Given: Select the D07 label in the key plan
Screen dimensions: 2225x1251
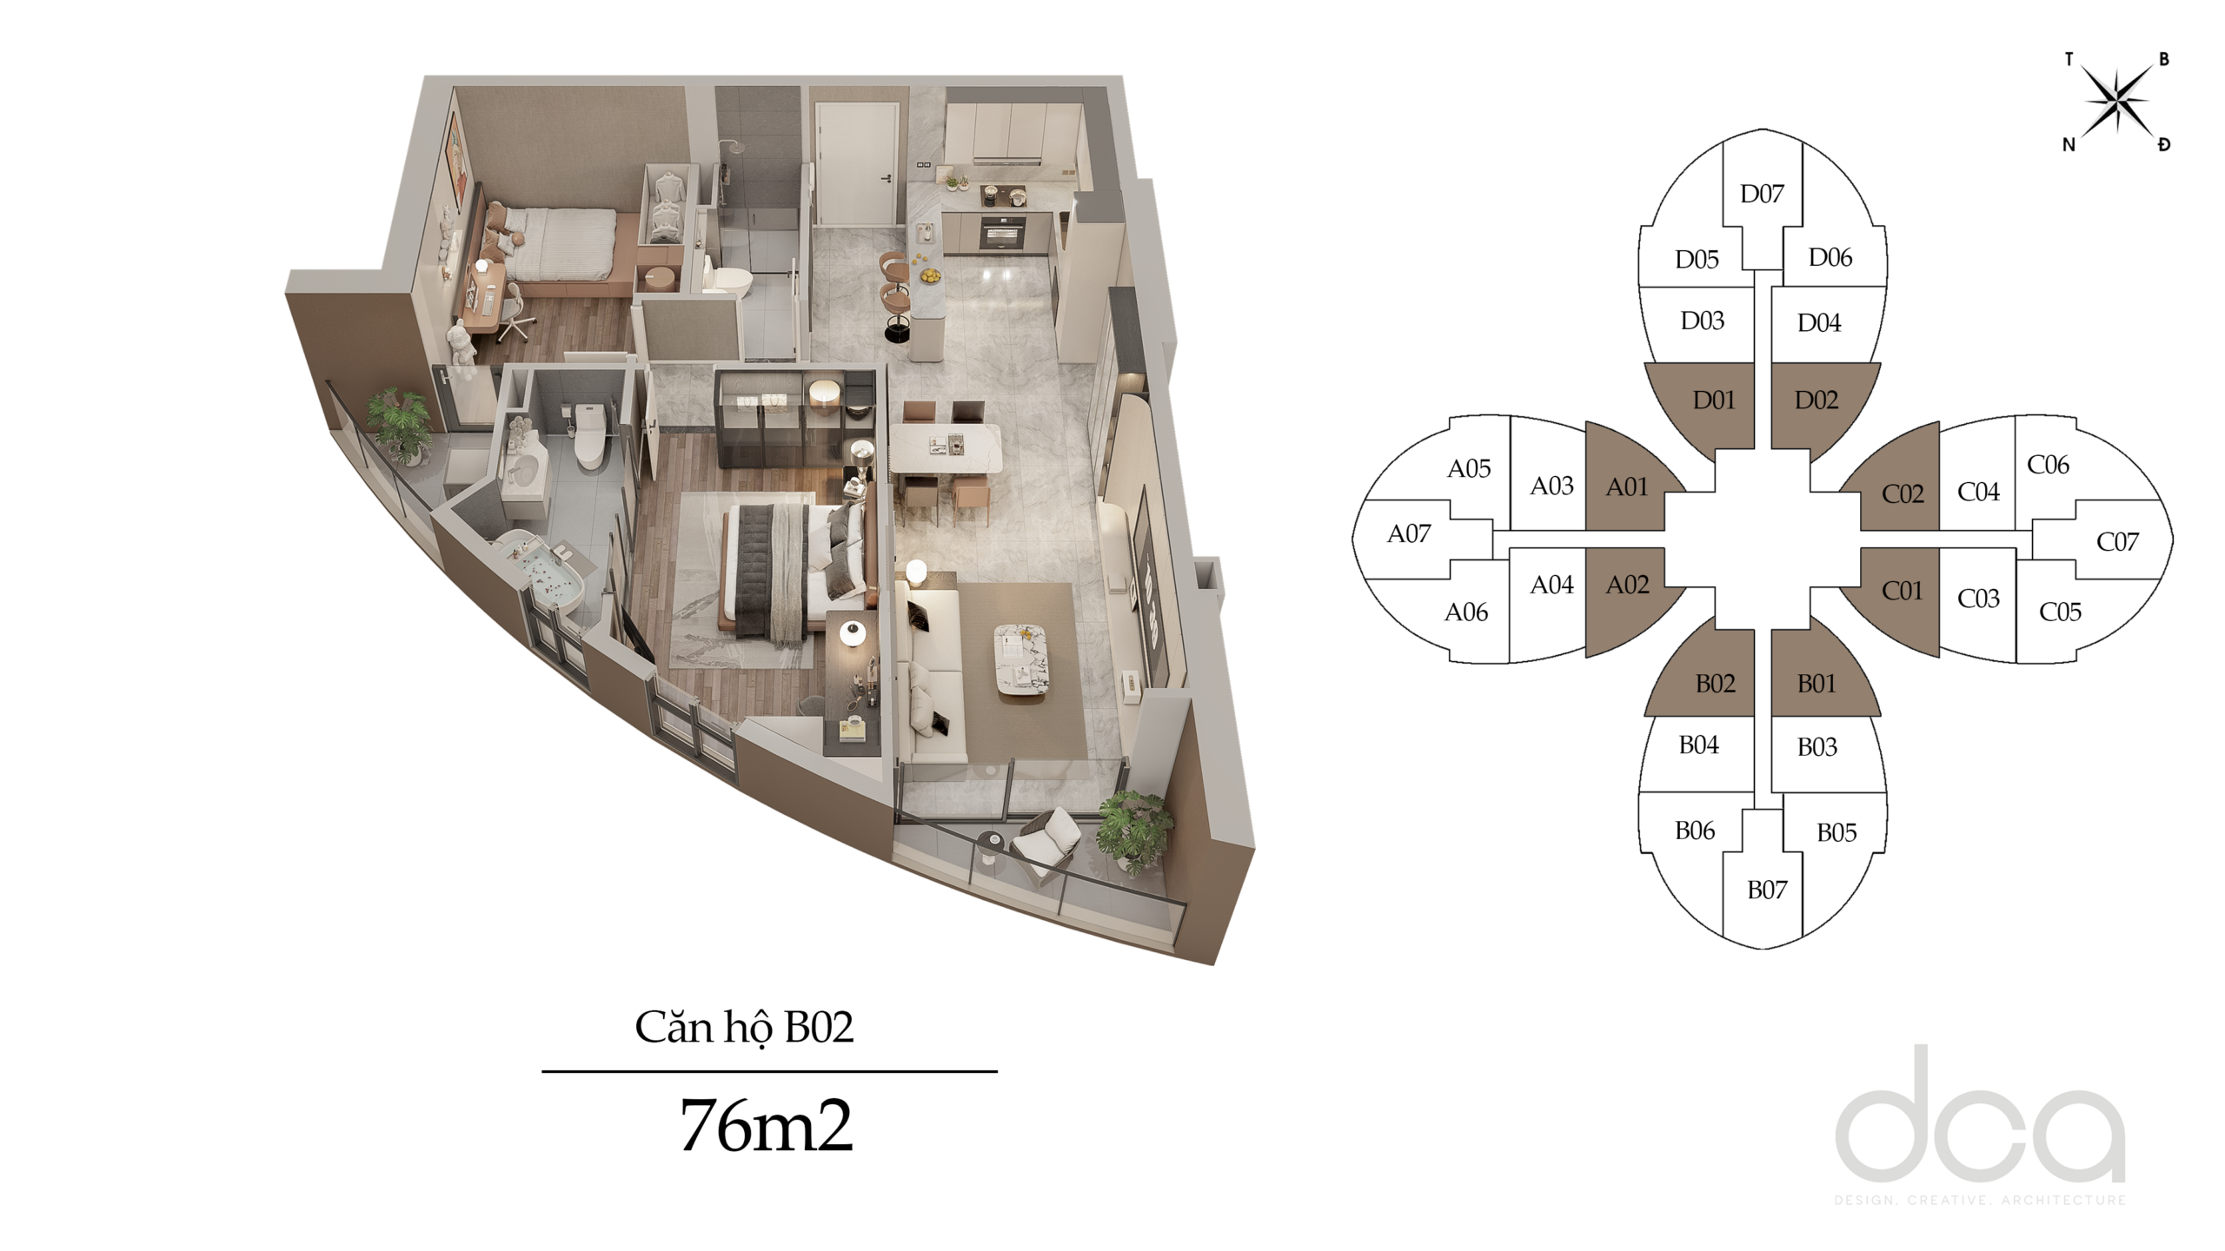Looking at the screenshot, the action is [1762, 194].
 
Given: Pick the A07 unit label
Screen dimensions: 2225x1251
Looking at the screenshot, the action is [1409, 533].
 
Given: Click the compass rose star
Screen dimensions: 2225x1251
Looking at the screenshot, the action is [2117, 103].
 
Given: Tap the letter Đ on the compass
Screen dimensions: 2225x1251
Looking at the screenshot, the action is [2164, 144].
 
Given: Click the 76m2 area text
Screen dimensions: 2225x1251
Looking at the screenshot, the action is [766, 1125].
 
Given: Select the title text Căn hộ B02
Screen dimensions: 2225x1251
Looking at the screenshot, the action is [744, 1028].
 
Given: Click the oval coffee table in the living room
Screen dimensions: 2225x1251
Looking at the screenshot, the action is [1021, 659].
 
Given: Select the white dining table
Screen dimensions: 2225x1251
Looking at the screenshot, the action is [945, 448].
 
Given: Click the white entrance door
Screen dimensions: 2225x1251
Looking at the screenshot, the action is [857, 164].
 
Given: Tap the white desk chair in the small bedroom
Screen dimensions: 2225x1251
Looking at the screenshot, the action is [515, 314].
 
